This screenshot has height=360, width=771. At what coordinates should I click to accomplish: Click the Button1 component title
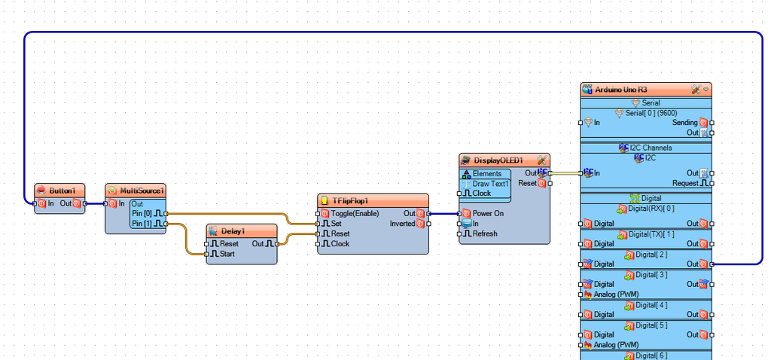pyautogui.click(x=62, y=191)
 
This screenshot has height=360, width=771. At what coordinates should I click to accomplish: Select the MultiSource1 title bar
pyautogui.click(x=140, y=191)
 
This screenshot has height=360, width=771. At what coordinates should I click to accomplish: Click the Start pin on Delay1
pyautogui.click(x=229, y=254)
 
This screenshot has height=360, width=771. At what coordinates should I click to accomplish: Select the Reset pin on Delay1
pyautogui.click(x=229, y=243)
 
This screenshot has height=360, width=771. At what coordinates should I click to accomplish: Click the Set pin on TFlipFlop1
pyautogui.click(x=336, y=224)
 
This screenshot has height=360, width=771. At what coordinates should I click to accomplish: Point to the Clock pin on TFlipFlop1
pyautogui.click(x=340, y=243)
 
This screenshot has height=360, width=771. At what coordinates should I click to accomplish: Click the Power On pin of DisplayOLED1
pyautogui.click(x=488, y=213)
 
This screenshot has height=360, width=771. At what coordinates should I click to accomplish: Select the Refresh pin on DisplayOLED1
pyautogui.click(x=484, y=233)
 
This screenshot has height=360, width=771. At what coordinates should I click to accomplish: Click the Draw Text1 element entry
pyautogui.click(x=490, y=184)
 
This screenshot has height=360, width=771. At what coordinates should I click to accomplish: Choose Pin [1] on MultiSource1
pyautogui.click(x=143, y=223)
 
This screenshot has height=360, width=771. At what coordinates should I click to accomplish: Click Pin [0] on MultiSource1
pyautogui.click(x=143, y=213)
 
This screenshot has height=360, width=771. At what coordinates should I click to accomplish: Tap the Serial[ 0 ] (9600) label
pyautogui.click(x=651, y=112)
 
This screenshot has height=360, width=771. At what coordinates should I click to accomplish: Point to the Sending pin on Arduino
pyautogui.click(x=684, y=122)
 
